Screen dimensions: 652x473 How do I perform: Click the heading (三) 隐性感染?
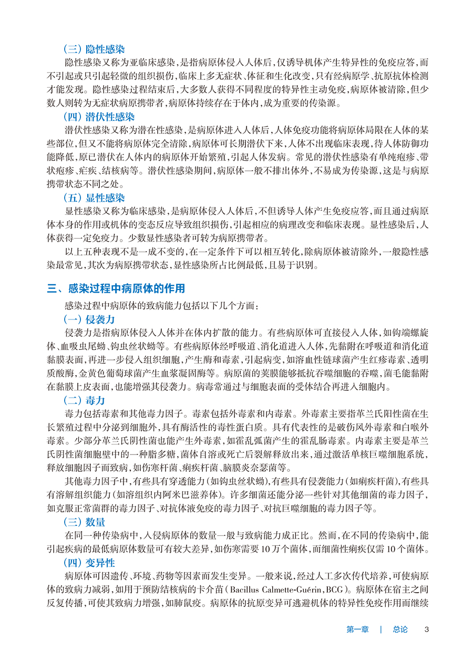[94, 49]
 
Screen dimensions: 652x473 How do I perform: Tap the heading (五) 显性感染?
[94, 198]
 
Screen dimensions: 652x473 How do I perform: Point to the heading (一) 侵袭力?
[89, 319]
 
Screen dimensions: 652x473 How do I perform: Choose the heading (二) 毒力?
[84, 400]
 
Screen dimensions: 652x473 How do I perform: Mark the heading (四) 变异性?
[89, 562]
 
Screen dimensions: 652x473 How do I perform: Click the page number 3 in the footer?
[427, 629]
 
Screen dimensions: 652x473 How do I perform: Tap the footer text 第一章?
[358, 629]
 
